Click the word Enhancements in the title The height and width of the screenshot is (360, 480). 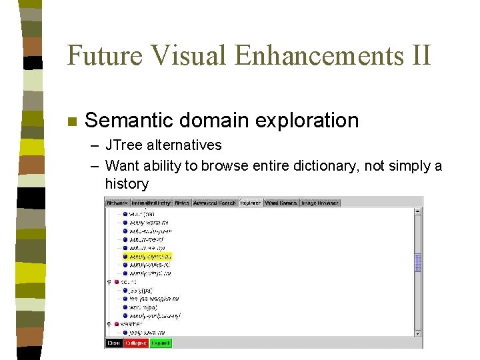tap(319, 55)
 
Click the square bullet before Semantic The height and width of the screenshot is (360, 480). tap(73, 122)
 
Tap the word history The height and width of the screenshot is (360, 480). tap(127, 183)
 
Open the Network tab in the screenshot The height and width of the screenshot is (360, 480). tap(117, 203)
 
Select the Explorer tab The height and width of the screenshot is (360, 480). tap(250, 203)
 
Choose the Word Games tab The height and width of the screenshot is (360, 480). tap(281, 203)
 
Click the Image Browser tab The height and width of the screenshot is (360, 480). tap(320, 203)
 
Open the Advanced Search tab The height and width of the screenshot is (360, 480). tap(214, 203)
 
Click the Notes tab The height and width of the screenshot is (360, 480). tap(182, 203)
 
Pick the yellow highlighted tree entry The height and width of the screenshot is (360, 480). tap(150, 256)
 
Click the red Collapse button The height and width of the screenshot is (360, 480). tap(137, 343)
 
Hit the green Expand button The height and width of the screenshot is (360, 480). tap(160, 343)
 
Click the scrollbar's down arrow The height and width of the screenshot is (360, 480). tap(418, 333)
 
